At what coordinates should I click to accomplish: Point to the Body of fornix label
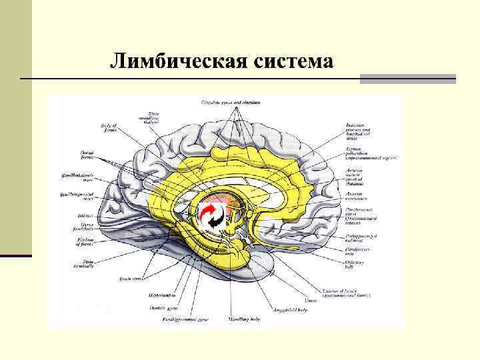109,127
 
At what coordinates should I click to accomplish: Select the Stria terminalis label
85,264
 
